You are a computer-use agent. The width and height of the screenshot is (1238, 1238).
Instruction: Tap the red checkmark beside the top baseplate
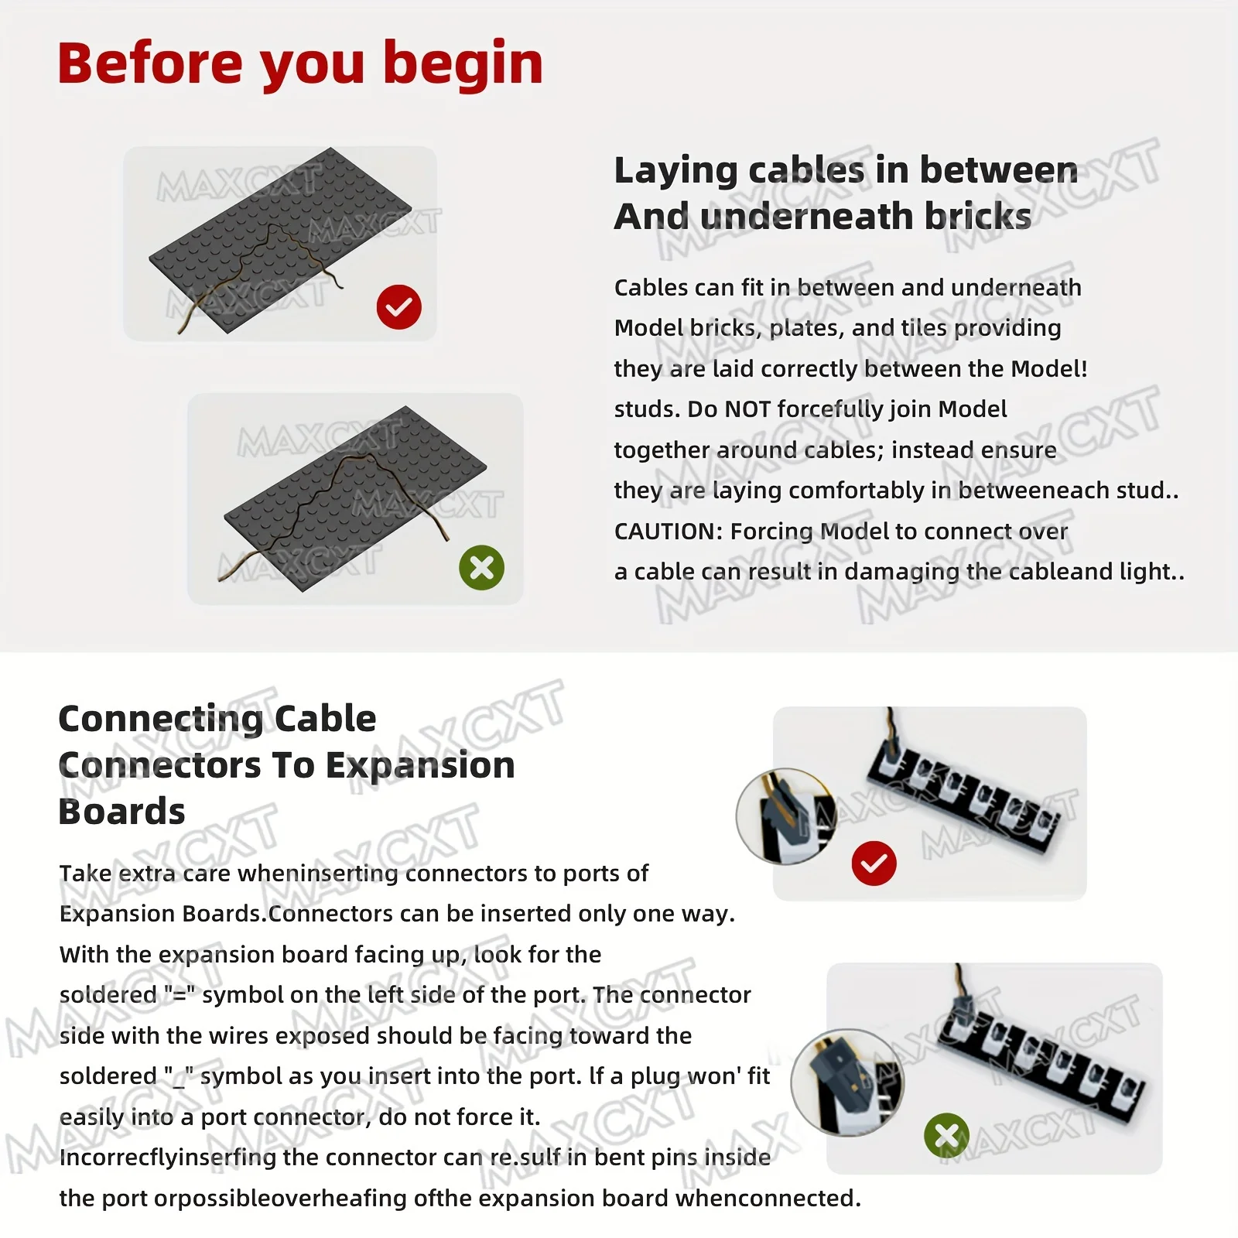[399, 307]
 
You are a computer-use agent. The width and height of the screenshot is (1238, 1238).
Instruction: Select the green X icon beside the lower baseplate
[481, 568]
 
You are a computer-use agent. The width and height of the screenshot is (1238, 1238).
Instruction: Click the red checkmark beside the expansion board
[874, 864]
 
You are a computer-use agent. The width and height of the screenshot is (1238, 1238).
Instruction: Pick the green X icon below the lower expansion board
[946, 1136]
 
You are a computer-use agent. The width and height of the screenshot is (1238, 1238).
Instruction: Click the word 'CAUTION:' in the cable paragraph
[668, 532]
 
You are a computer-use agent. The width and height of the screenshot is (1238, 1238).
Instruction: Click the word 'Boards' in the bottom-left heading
[121, 812]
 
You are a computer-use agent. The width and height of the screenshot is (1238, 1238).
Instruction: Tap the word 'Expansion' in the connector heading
[420, 765]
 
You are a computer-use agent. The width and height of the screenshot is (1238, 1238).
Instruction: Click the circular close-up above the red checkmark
[785, 816]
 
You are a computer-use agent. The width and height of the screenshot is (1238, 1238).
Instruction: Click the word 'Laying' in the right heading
[675, 170]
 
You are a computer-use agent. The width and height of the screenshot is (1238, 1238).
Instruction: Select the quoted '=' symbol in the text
[180, 995]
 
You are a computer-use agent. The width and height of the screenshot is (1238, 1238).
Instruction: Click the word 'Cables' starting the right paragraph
[651, 288]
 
